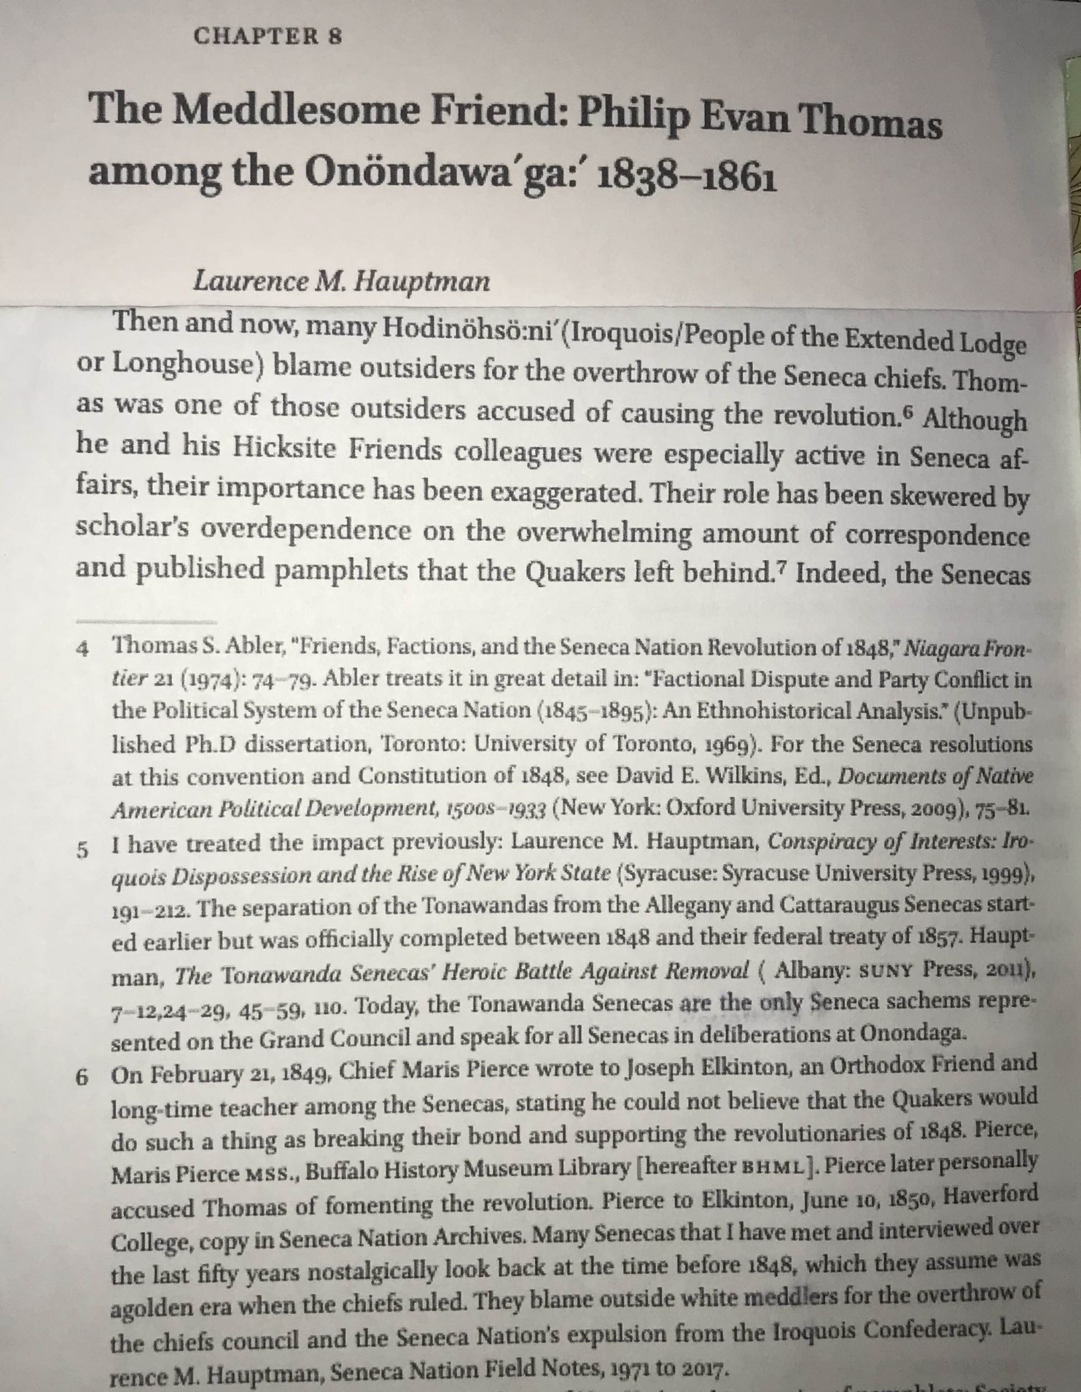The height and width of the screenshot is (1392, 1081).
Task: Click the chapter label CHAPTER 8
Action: pyautogui.click(x=268, y=36)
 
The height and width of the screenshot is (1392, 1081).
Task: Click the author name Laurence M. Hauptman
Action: pyautogui.click(x=341, y=281)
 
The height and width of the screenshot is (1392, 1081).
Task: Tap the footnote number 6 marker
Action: pyautogui.click(x=82, y=1077)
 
